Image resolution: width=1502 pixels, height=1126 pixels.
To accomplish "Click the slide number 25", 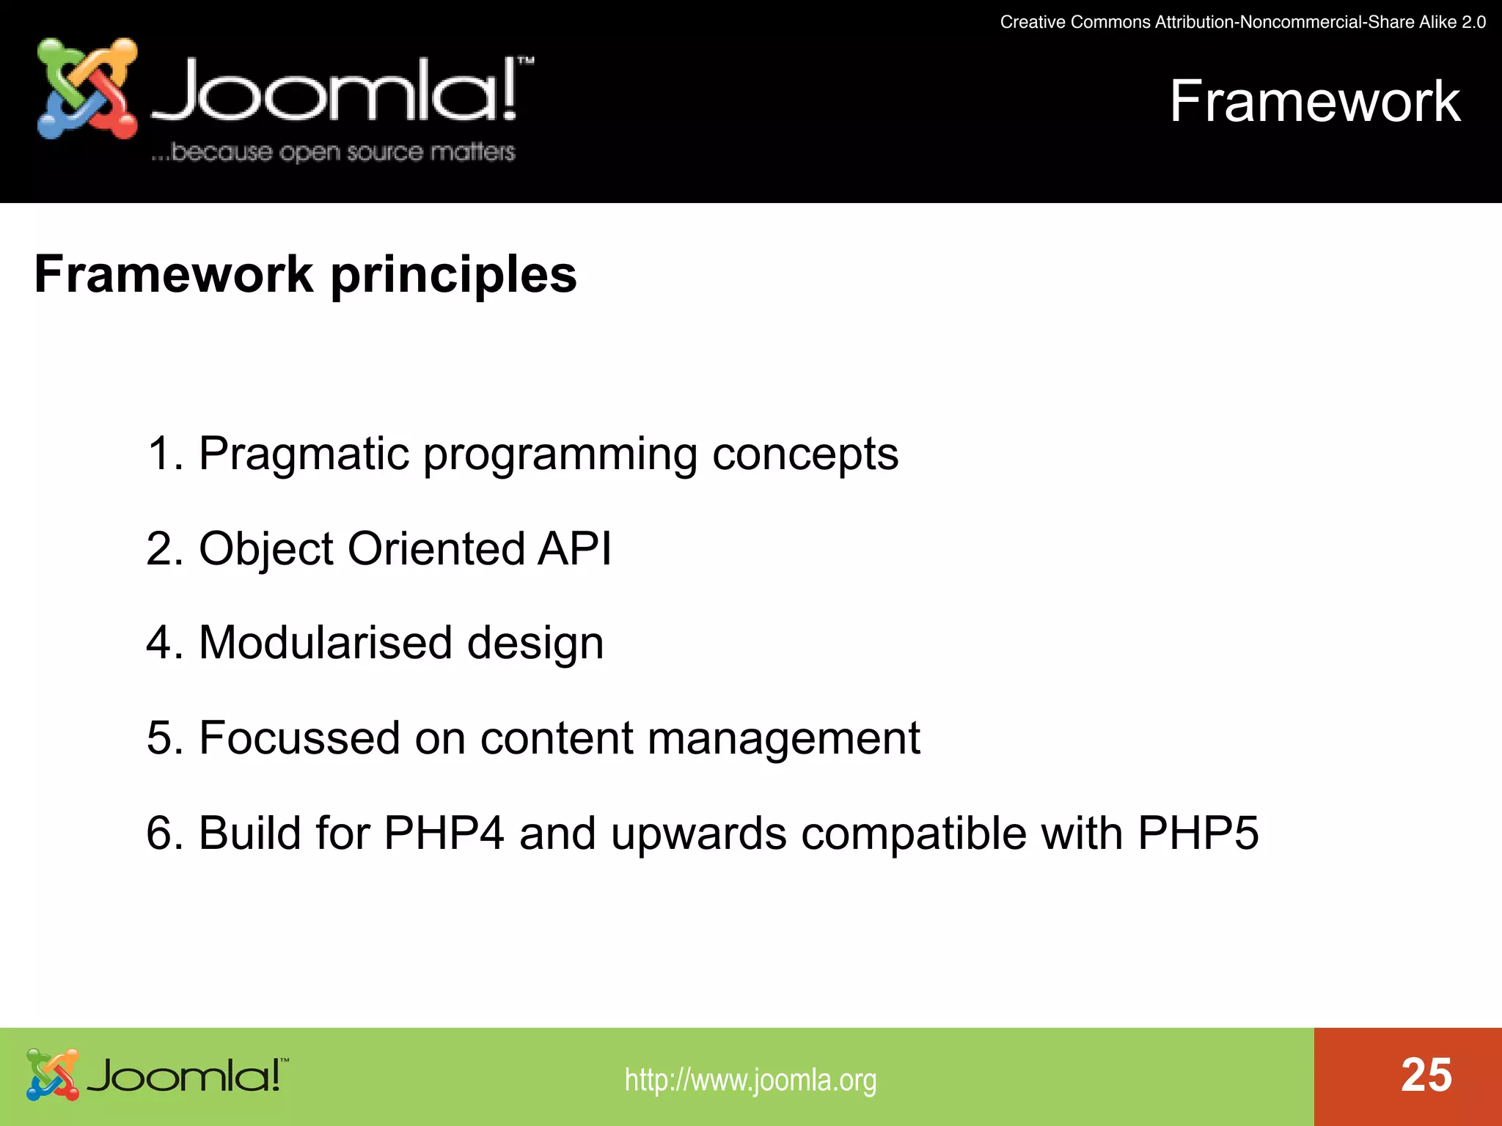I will click(x=1426, y=1075).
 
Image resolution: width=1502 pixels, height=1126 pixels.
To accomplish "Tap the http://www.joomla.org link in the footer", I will click(x=750, y=1080).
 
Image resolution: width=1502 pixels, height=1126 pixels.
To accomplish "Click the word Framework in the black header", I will click(x=1314, y=101).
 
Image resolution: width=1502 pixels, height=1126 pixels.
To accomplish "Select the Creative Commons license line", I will click(x=1242, y=22).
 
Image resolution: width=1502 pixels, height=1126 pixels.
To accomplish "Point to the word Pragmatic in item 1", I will click(x=304, y=455).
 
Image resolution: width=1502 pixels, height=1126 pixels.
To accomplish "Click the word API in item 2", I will click(x=574, y=548).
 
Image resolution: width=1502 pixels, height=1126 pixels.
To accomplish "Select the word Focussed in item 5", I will click(x=299, y=737).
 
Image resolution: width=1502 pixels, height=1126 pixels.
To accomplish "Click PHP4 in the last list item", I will click(x=444, y=833).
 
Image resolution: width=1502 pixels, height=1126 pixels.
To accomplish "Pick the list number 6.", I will click(x=159, y=833).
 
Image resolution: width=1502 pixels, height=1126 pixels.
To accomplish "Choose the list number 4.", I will click(x=159, y=643).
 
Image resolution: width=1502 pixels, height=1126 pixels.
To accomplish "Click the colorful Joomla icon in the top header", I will click(x=87, y=89).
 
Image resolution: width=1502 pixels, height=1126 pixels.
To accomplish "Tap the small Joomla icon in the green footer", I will click(x=52, y=1075).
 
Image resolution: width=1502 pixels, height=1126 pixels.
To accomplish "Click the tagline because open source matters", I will click(x=334, y=152).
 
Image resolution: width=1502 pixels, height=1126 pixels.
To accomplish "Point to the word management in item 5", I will click(x=783, y=739).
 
